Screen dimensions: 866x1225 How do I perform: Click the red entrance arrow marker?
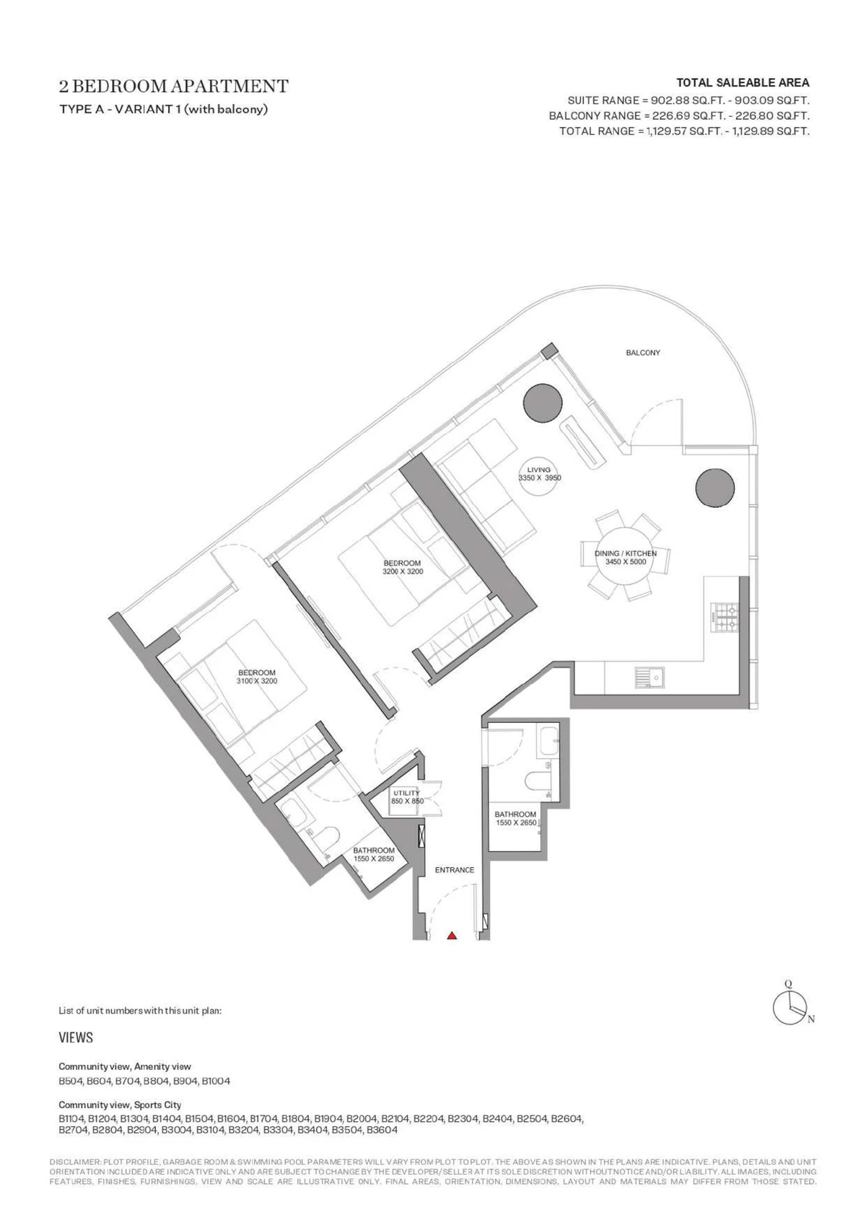click(451, 936)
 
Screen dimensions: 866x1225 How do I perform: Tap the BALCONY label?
click(643, 353)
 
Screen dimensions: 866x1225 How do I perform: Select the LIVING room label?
click(539, 470)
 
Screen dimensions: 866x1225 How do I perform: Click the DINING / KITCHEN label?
click(625, 553)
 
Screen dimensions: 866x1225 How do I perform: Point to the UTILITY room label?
click(406, 793)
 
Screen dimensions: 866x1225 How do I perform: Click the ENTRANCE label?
click(454, 870)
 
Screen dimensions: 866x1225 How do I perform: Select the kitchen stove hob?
click(725, 618)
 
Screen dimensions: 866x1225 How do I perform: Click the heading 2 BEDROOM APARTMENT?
click(174, 87)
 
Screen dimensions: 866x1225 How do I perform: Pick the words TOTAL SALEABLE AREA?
click(743, 83)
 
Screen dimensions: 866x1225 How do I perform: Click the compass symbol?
click(791, 1006)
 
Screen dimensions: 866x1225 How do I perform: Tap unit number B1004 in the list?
click(216, 1081)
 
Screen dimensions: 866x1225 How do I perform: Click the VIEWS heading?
click(76, 1037)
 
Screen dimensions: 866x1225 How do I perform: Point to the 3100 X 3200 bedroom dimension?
click(257, 682)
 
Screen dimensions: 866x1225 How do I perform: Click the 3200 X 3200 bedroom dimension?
click(403, 571)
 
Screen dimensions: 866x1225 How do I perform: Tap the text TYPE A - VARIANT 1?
click(120, 109)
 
